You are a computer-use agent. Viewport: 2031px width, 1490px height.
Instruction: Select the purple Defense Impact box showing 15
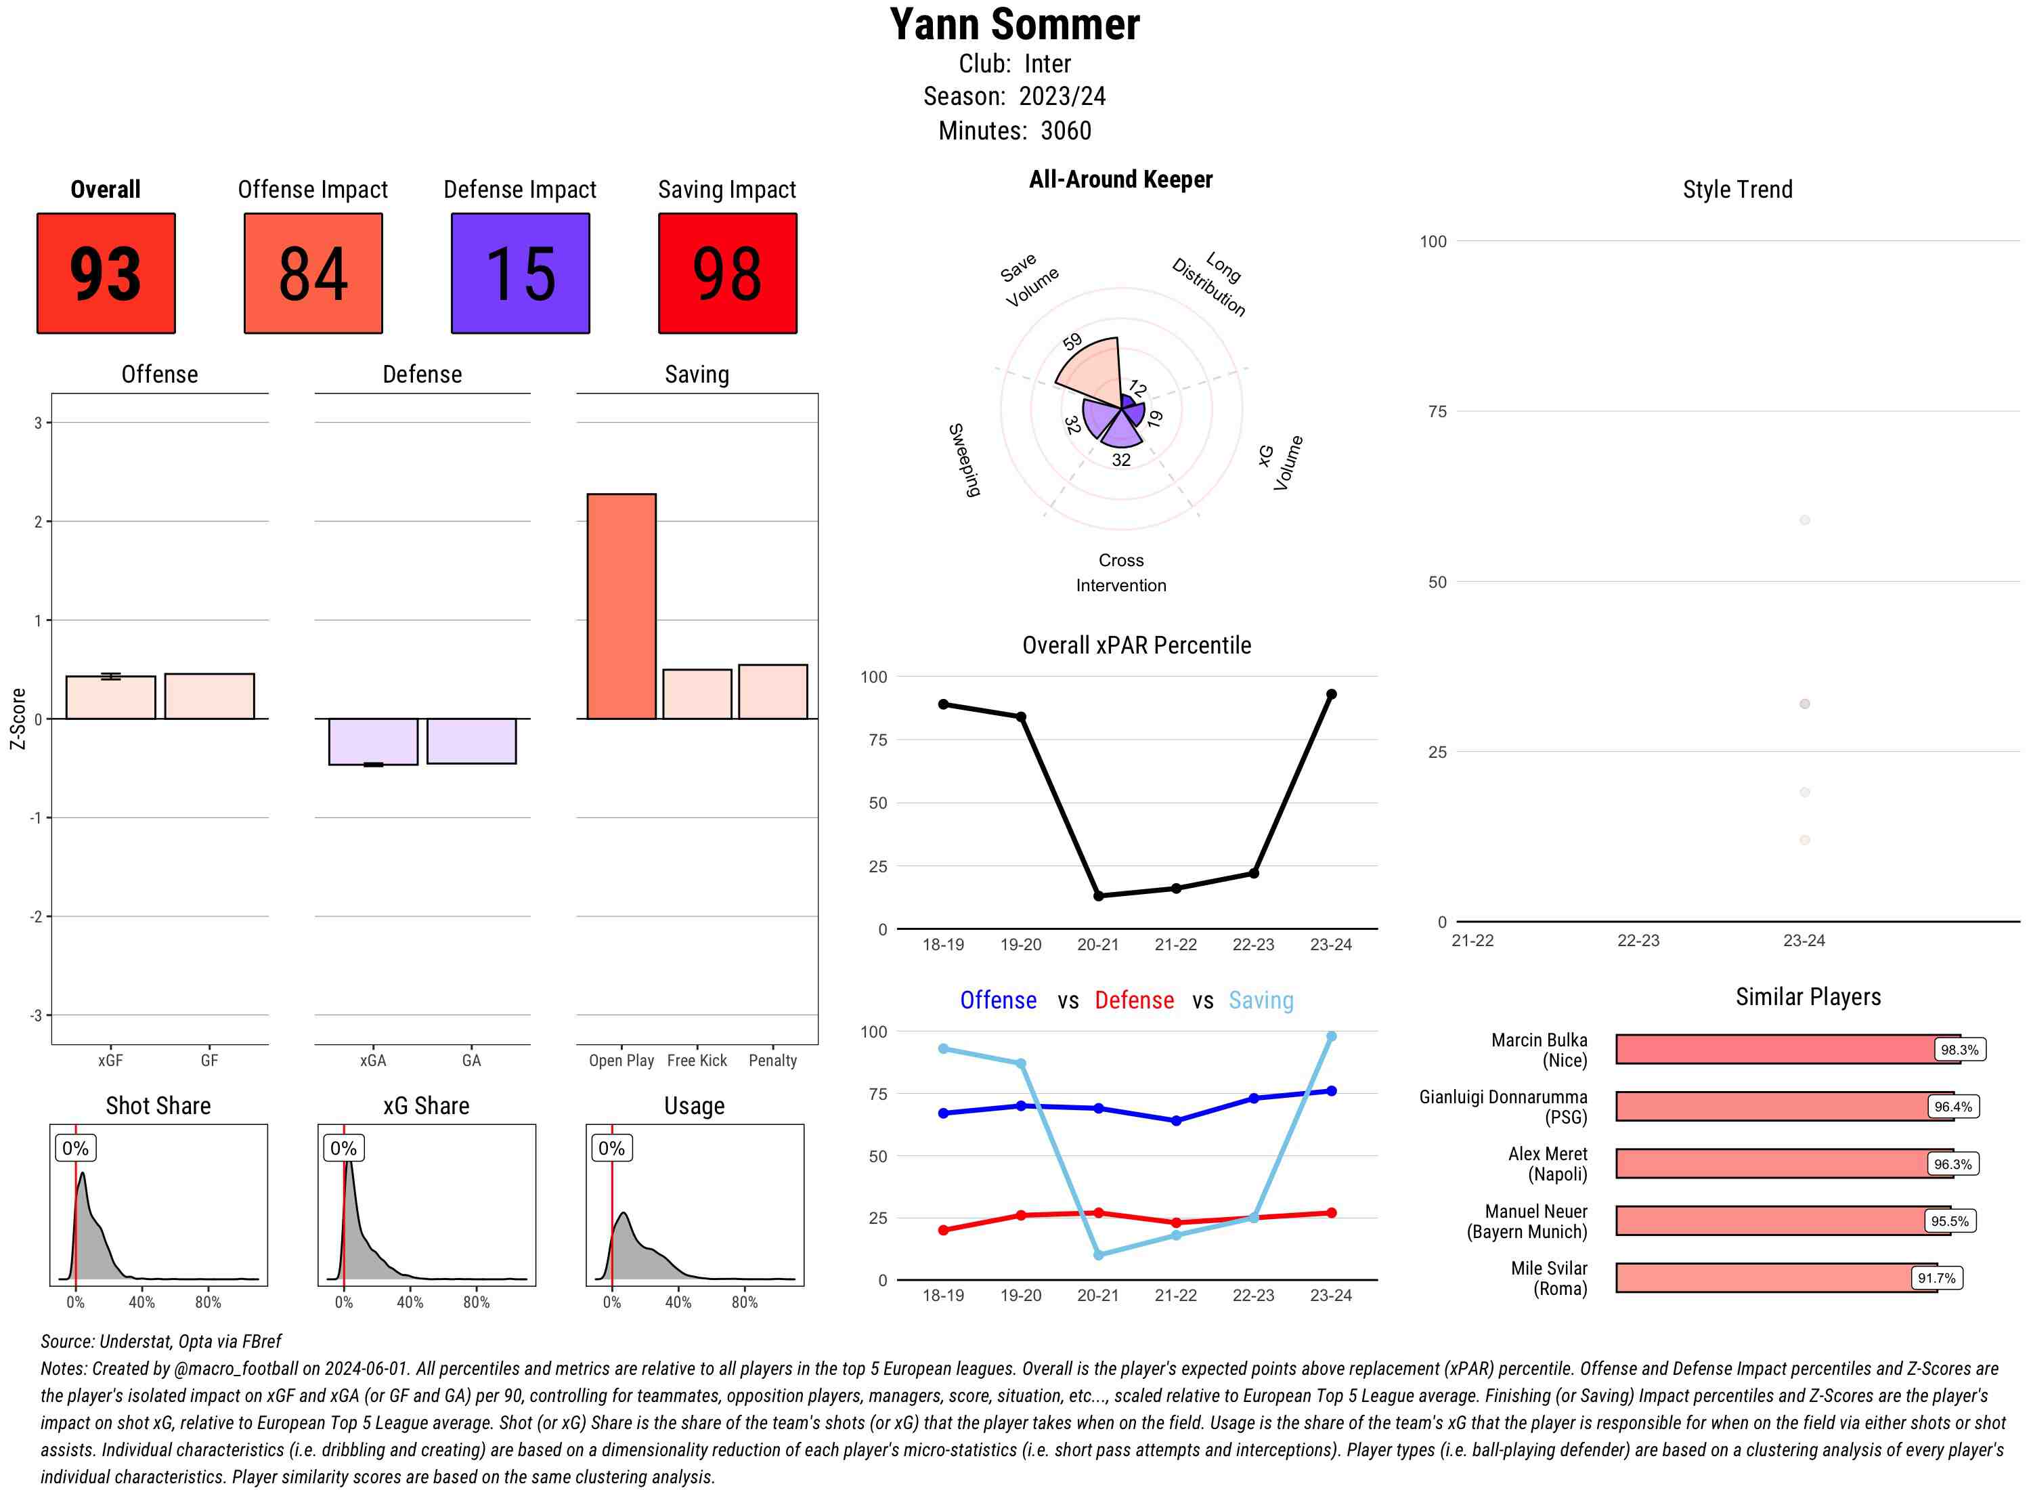pyautogui.click(x=520, y=274)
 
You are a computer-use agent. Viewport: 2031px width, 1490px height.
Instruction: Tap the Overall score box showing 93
pyautogui.click(x=106, y=274)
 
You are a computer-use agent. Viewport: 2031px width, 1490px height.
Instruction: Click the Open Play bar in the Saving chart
pyautogui.click(x=621, y=606)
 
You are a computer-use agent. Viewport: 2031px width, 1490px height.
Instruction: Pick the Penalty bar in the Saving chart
pyautogui.click(x=772, y=691)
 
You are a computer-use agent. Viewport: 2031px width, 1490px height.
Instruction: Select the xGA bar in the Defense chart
pyautogui.click(x=373, y=742)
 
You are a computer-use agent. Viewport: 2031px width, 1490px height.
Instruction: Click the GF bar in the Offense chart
pyautogui.click(x=209, y=696)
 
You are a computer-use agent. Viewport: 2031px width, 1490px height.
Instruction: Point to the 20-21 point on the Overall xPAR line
pyautogui.click(x=1098, y=895)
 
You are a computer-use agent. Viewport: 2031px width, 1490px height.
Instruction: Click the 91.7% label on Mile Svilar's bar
pyautogui.click(x=1936, y=1278)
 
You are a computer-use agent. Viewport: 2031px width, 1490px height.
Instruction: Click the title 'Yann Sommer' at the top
pyautogui.click(x=1014, y=24)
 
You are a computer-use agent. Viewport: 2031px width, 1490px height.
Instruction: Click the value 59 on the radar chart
pyautogui.click(x=1072, y=342)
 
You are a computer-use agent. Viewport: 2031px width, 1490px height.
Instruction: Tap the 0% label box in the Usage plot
pyautogui.click(x=611, y=1148)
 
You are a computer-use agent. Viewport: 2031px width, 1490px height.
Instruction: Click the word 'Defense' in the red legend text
pyautogui.click(x=1134, y=1000)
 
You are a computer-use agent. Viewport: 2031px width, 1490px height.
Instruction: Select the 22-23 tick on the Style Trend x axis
pyautogui.click(x=1638, y=941)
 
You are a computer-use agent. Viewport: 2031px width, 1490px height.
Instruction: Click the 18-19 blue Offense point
pyautogui.click(x=944, y=1113)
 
